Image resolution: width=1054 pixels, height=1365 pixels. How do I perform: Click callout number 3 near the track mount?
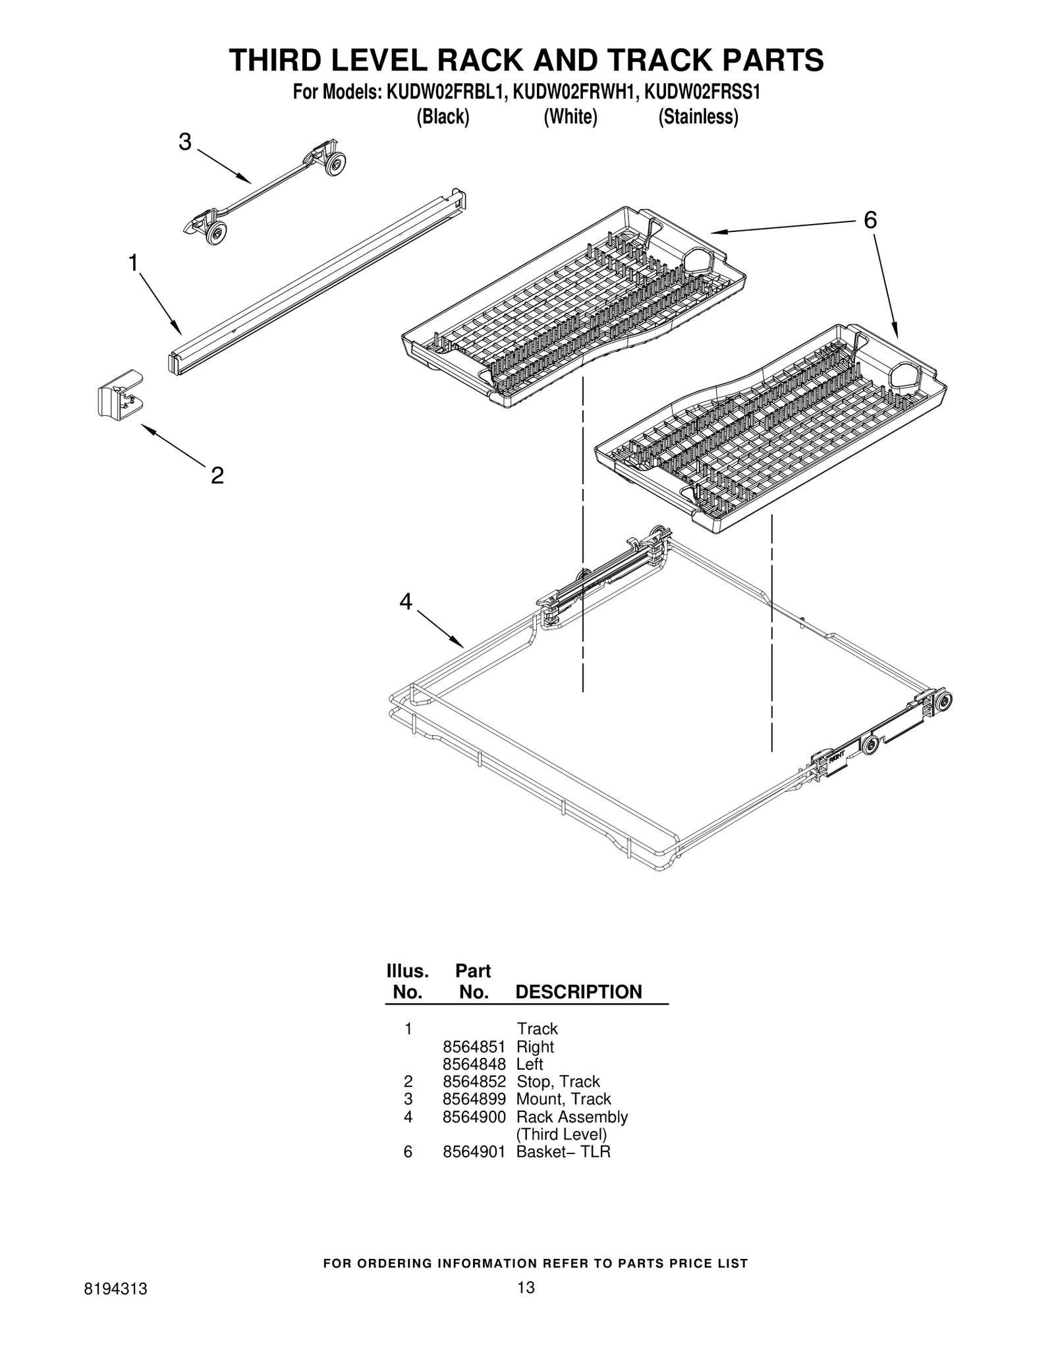185,142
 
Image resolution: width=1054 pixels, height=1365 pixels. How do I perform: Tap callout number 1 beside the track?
133,263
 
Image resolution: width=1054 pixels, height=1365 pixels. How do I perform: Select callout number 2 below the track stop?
217,475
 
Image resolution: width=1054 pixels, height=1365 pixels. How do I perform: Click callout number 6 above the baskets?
870,220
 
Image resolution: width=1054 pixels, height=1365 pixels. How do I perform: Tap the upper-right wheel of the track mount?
337,163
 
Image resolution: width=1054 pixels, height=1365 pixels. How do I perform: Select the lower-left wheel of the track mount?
215,233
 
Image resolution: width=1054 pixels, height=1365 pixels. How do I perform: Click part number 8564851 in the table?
474,1047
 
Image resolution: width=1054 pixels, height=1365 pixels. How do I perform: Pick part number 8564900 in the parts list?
474,1117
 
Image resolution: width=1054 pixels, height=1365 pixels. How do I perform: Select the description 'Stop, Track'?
558,1082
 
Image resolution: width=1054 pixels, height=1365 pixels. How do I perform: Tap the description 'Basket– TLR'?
563,1151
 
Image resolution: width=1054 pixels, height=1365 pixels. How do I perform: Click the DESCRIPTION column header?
578,992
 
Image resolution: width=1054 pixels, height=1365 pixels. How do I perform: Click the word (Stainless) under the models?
698,117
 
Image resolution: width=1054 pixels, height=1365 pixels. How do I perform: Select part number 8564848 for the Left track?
474,1064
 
